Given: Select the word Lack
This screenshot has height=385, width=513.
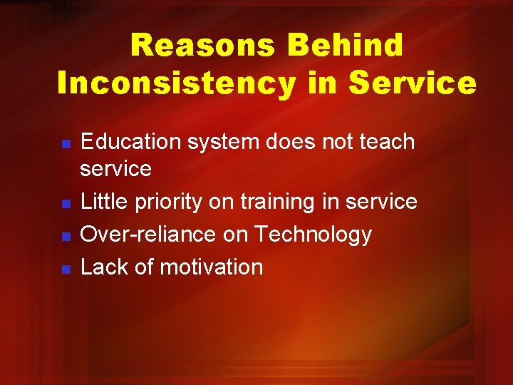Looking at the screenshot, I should point(103,267).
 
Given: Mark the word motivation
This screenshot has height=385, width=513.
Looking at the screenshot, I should point(211,267).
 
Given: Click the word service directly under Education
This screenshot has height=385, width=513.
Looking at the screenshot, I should point(116,170).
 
